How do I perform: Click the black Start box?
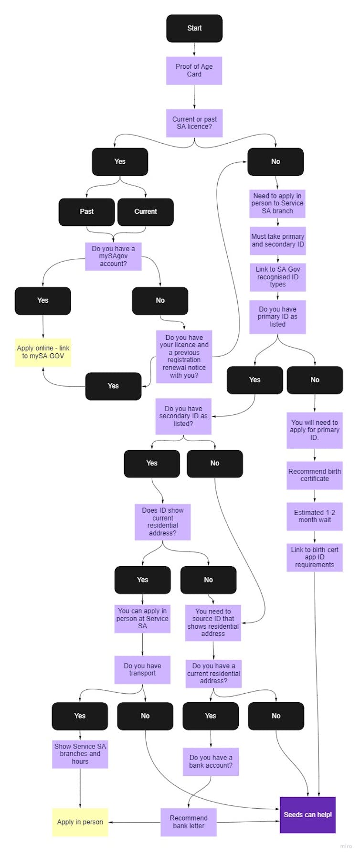tap(194, 28)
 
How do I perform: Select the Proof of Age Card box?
tap(194, 71)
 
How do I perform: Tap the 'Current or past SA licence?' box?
tap(194, 123)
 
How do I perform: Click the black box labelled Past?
tap(86, 211)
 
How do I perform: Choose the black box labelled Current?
tap(146, 211)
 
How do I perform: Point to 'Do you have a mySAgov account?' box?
tap(113, 256)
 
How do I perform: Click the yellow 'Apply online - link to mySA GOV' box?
tap(43, 352)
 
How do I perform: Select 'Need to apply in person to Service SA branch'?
tap(277, 203)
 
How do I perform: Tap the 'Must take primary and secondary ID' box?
tap(277, 241)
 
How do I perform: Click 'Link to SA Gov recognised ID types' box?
tap(277, 277)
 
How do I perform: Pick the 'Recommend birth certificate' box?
tap(315, 475)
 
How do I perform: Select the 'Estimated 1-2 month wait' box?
tap(315, 516)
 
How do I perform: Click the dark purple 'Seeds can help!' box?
tap(307, 814)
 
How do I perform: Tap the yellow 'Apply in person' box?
tap(80, 822)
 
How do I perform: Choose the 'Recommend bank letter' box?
tap(189, 822)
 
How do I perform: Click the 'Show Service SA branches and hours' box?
tap(80, 754)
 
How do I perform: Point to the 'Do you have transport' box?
tap(142, 669)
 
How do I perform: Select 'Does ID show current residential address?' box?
tap(163, 522)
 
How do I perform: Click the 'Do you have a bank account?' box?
tap(211, 761)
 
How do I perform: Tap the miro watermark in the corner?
tap(346, 846)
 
